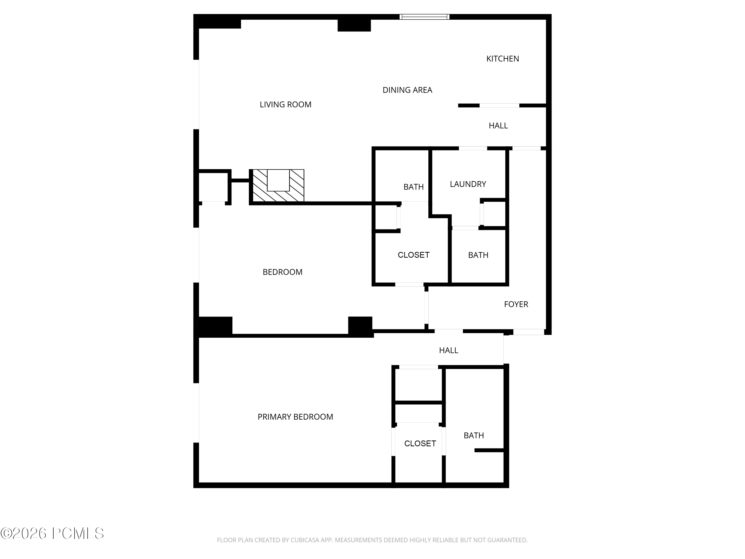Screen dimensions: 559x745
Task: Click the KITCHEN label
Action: [503, 59]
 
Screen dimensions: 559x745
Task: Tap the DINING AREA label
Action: [407, 90]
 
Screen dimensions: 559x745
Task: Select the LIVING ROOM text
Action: [285, 105]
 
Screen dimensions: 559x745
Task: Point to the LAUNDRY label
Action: [468, 184]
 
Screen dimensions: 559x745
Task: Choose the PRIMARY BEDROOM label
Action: [295, 417]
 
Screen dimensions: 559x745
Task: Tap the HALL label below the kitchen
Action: [498, 126]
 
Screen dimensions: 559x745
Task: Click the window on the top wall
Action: [424, 17]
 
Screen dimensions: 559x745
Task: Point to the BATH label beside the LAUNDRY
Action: [413, 187]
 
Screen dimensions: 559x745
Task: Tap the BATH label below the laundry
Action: [478, 255]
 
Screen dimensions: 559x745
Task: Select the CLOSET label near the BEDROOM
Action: [413, 255]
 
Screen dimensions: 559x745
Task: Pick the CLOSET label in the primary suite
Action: [420, 444]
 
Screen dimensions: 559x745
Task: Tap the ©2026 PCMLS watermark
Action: [52, 533]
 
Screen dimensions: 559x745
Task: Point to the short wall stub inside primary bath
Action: [489, 450]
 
